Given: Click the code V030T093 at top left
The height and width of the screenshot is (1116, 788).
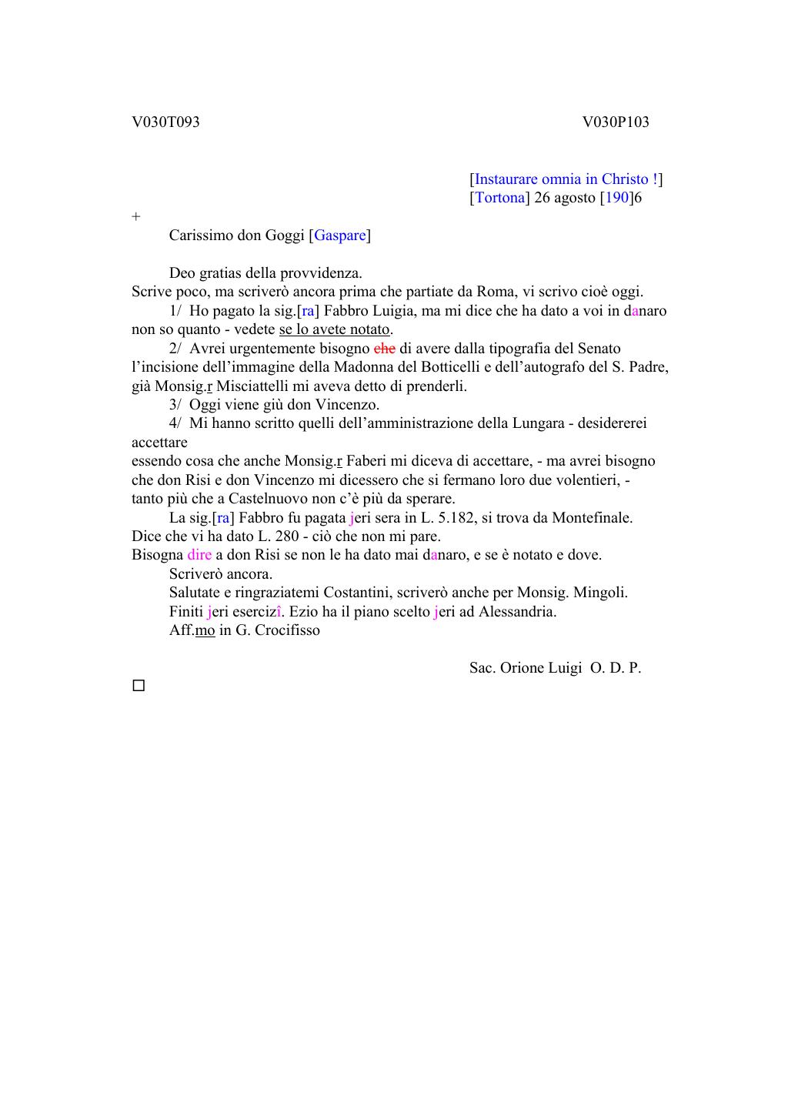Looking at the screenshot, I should click(165, 122).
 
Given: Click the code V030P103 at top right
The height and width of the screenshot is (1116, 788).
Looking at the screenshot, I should click(616, 122).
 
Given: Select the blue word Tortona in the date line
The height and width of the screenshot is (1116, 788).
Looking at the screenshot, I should click(499, 198).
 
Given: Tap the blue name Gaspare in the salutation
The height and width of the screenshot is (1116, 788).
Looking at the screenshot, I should click(339, 236).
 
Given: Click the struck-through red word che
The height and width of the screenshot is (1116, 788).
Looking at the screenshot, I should click(384, 349).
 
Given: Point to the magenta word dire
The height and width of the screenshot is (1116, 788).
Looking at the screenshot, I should click(199, 555).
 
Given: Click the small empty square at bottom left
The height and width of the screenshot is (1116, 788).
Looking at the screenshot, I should click(139, 685).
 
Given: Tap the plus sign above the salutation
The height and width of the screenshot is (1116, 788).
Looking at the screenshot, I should click(136, 217).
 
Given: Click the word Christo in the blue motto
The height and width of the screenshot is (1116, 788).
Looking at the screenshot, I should click(625, 179).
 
